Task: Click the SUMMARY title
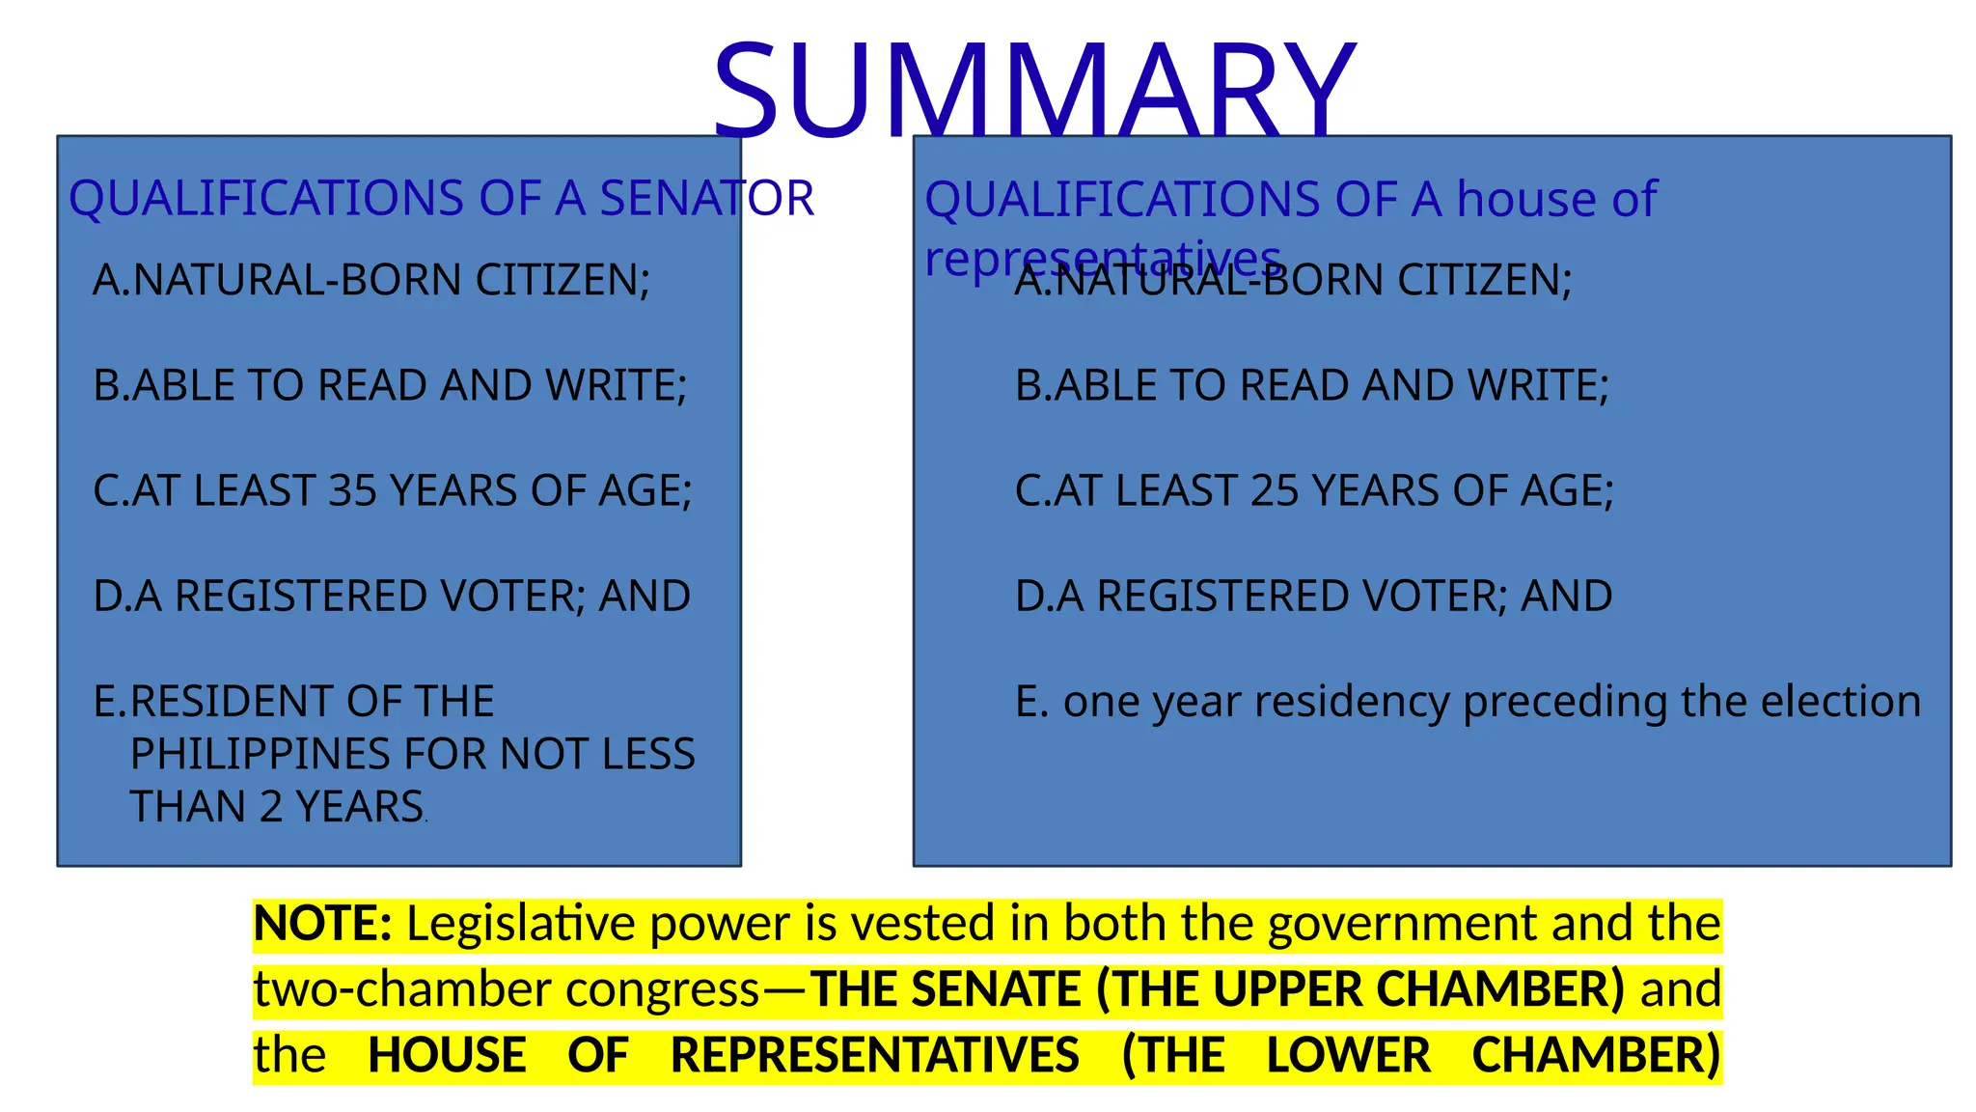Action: tap(1034, 90)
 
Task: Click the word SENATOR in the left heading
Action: tap(707, 199)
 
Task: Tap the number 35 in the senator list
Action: tap(352, 490)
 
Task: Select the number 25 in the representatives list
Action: tap(1275, 490)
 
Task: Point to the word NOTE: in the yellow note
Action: tap(322, 924)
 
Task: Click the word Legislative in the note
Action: tap(521, 924)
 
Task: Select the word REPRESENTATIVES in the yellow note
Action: tap(874, 1055)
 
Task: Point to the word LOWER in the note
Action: tap(1348, 1055)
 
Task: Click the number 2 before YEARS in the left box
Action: tap(271, 807)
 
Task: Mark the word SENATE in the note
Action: tap(996, 989)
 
